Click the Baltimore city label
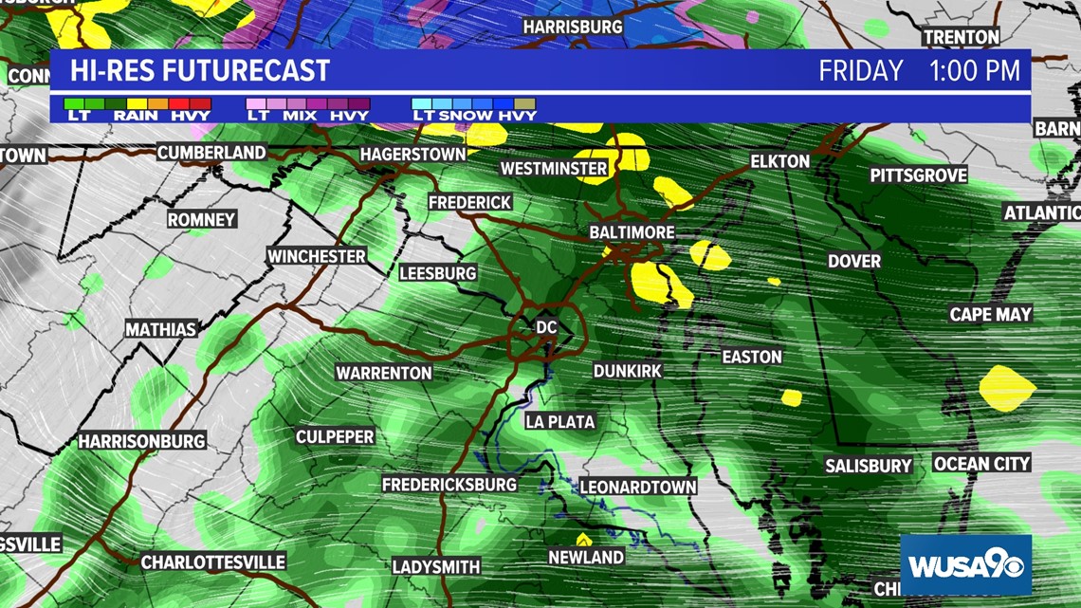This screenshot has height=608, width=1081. pos(632,232)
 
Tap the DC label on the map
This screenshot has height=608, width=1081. pos(546,327)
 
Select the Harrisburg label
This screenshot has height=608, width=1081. pos(572,27)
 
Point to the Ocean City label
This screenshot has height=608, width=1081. pos(981,464)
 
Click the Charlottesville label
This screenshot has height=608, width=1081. pos(212,562)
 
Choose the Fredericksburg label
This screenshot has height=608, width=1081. pos(449,485)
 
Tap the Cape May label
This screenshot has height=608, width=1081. pos(991,315)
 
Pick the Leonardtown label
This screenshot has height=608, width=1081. pos(637,488)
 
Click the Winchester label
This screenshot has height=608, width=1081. pos(316,256)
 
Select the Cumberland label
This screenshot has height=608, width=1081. pos(211,153)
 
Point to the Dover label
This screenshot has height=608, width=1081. pos(853,261)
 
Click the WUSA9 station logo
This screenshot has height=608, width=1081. pos(965,565)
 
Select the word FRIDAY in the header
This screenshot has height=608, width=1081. pos(861,71)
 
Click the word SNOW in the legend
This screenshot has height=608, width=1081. pos(465,116)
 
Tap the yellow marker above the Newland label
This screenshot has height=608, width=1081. pos(584,539)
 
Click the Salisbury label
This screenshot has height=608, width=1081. pos(868,466)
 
